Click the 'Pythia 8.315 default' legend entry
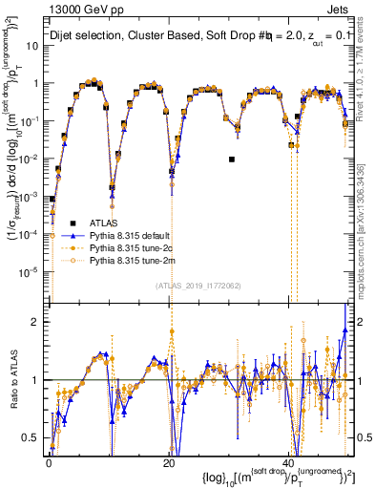[133, 234]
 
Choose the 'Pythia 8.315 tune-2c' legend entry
[133, 246]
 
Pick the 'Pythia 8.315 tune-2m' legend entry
[133, 259]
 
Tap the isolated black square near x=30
[232, 159]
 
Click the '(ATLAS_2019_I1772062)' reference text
[198, 285]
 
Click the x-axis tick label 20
[168, 462]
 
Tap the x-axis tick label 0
[49, 462]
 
